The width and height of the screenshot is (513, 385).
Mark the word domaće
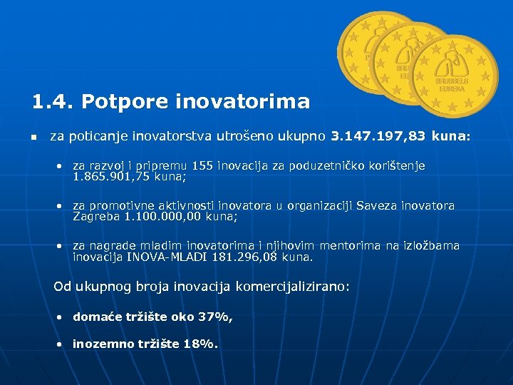point(97,317)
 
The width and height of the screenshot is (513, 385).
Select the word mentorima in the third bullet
point(352,245)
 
